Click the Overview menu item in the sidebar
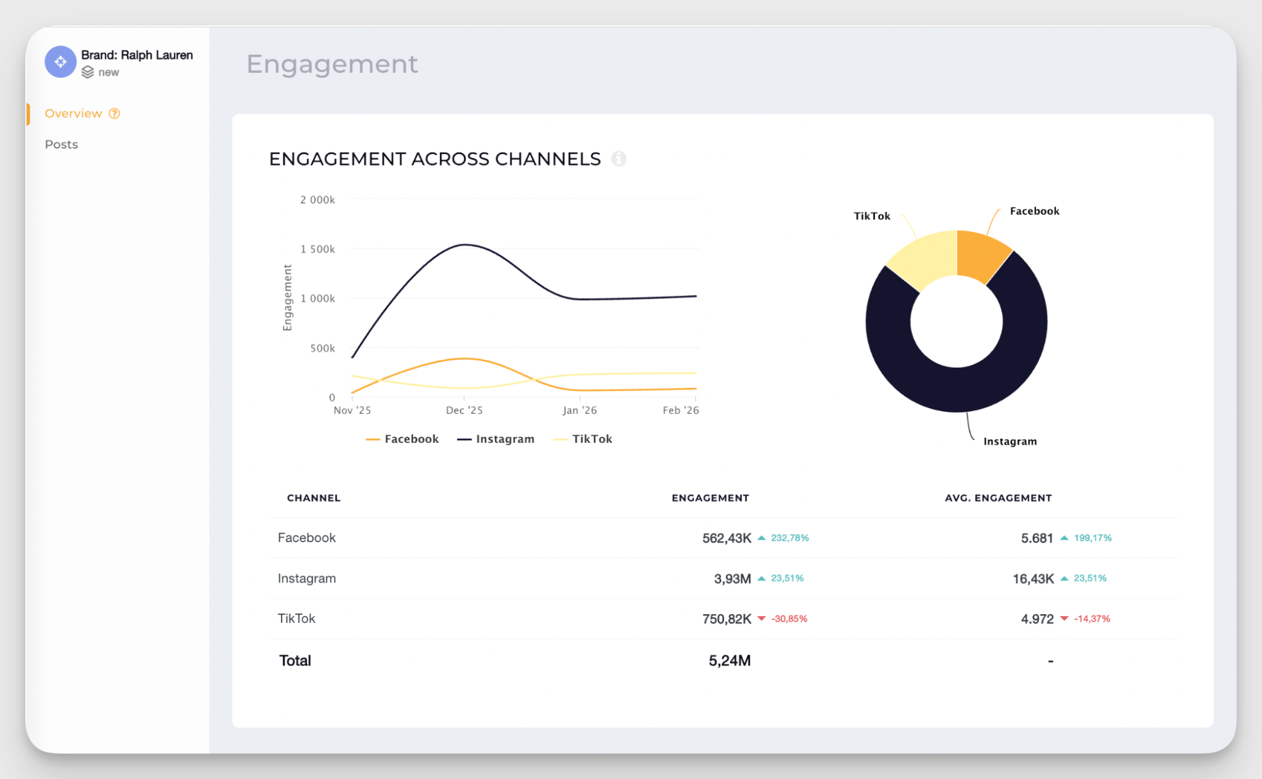(73, 113)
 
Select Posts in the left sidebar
(61, 144)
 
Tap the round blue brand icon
(61, 62)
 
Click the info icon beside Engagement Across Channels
(619, 159)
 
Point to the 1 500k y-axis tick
(318, 249)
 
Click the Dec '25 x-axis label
(464, 410)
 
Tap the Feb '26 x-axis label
(680, 410)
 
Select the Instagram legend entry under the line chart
(496, 439)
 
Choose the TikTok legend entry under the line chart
(583, 439)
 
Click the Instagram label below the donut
(1009, 441)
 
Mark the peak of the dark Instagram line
(465, 245)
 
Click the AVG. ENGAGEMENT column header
(997, 498)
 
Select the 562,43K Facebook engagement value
(726, 538)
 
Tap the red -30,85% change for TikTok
(789, 619)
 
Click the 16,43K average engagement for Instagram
(1033, 579)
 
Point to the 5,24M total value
(729, 661)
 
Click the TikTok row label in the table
(296, 619)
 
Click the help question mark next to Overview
(114, 113)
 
